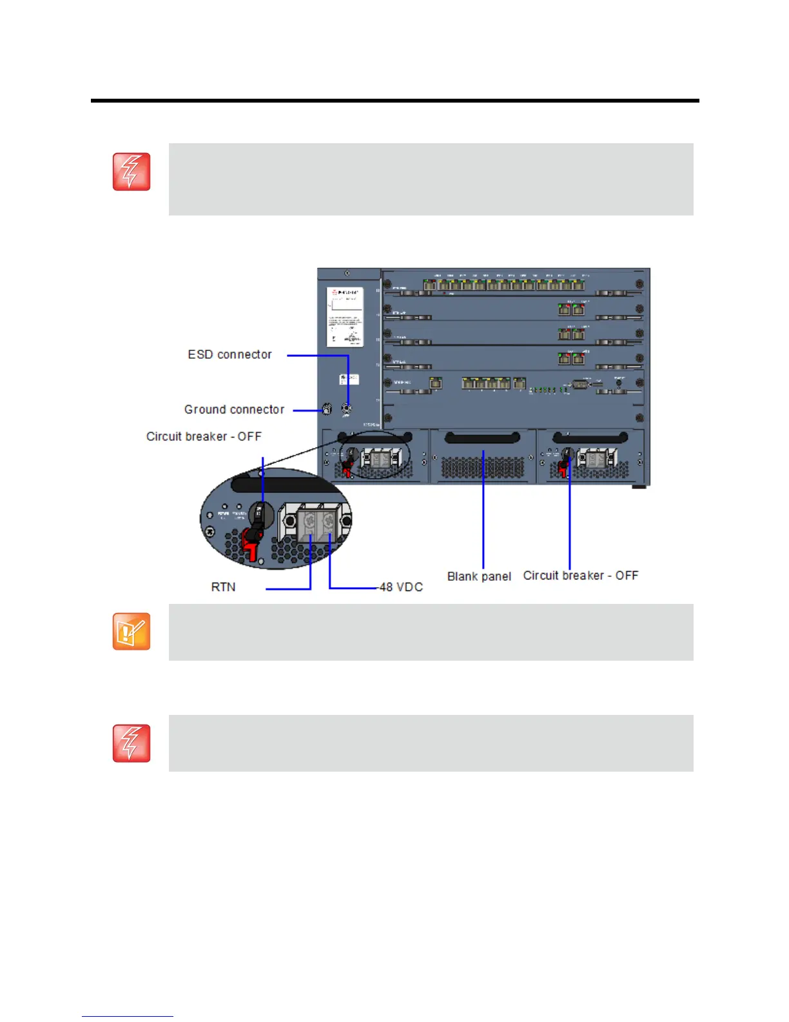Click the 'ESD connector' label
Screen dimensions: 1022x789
[229, 354]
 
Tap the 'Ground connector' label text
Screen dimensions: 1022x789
[234, 409]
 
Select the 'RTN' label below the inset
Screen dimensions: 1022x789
[223, 586]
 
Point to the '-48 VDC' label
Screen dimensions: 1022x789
[400, 586]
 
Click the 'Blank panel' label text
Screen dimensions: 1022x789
[479, 576]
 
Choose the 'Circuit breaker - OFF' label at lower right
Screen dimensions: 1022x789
[580, 575]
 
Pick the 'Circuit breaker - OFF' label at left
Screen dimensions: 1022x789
[204, 436]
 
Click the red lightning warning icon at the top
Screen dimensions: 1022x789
[131, 172]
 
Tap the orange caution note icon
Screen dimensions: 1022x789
[131, 631]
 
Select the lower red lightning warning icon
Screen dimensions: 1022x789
[131, 743]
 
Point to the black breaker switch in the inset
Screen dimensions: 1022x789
[262, 515]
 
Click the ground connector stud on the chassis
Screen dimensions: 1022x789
[326, 409]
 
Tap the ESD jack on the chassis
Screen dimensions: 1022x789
[347, 408]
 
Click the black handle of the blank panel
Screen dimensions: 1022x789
[482, 439]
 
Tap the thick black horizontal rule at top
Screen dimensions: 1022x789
[394, 101]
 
